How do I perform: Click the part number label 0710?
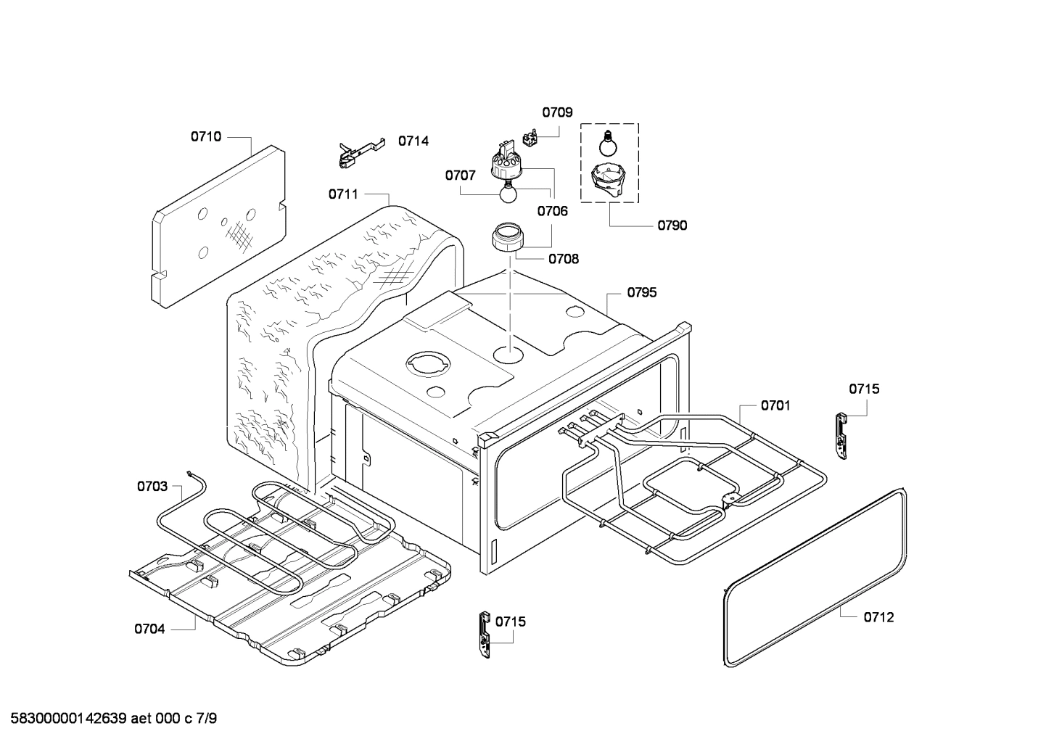[x=206, y=136]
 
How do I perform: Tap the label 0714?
[x=413, y=141]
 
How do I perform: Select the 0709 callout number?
[x=557, y=112]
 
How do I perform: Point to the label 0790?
[x=672, y=225]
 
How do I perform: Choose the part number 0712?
[x=878, y=617]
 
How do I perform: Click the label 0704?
[x=149, y=629]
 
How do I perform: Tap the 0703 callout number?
[x=152, y=486]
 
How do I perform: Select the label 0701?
[x=775, y=405]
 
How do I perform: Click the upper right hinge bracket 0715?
[x=842, y=436]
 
